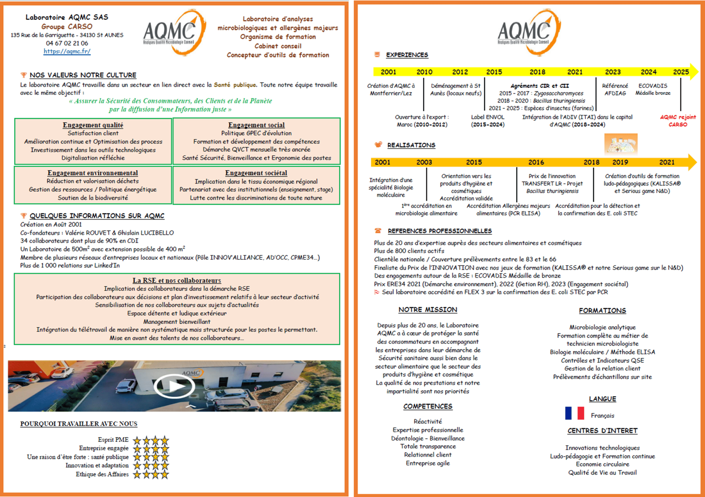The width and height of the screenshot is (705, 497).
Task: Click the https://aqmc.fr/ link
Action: point(67,51)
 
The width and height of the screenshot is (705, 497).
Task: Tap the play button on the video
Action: point(174,386)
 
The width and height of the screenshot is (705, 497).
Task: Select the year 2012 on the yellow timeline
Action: point(460,72)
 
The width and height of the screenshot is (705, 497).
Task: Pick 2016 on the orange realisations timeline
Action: point(536,162)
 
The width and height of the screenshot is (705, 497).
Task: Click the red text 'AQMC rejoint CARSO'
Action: point(678,121)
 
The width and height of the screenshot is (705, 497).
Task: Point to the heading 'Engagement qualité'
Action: point(93,125)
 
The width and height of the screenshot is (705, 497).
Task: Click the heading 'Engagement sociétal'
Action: point(256,173)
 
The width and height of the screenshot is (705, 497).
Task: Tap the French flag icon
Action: point(574,413)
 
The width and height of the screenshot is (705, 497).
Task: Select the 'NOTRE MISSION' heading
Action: point(427,310)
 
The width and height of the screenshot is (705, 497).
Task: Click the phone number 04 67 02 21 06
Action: point(67,43)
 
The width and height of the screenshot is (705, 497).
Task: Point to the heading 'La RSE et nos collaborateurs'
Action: point(177,280)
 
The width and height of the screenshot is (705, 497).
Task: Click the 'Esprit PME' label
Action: point(113,439)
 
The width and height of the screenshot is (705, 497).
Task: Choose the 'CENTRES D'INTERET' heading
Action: point(602,431)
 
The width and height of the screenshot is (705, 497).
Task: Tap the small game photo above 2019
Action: point(620,144)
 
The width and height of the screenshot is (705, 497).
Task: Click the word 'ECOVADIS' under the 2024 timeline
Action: point(652,86)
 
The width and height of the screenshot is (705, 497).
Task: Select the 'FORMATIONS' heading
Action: point(602,310)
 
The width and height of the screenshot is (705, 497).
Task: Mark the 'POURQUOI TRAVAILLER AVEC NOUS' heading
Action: point(78,424)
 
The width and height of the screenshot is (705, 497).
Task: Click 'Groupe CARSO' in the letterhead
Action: point(67,26)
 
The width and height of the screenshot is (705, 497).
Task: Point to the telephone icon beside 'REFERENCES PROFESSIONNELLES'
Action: point(378,230)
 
